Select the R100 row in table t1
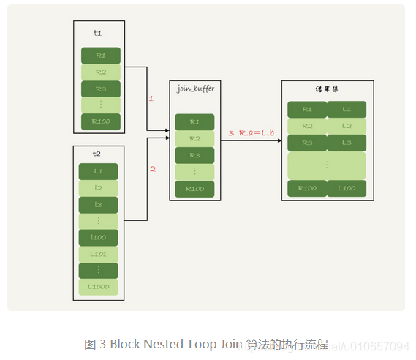tap(100, 121)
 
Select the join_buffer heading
tap(195, 89)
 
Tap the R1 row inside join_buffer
tap(194, 122)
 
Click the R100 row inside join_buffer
tap(194, 188)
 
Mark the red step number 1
tap(151, 98)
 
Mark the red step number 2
tap(153, 169)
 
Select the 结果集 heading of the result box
tap(327, 89)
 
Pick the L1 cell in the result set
tap(346, 110)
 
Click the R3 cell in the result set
tap(306, 142)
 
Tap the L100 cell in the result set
tap(346, 189)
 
